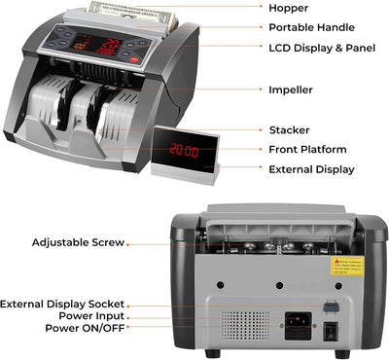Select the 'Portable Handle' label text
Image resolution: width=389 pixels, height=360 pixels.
tap(310, 27)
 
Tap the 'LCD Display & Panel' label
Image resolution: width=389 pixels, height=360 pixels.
tap(324, 47)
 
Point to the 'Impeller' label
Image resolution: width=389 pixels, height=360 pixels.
tap(290, 89)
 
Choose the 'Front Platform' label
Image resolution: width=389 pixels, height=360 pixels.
tap(306, 149)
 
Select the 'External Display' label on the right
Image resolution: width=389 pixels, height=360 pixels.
tap(311, 169)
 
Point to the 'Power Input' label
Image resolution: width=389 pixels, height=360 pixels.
tap(90, 315)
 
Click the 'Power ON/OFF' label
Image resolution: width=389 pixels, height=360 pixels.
tap(84, 328)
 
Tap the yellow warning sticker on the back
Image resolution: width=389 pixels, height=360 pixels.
tap(346, 266)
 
